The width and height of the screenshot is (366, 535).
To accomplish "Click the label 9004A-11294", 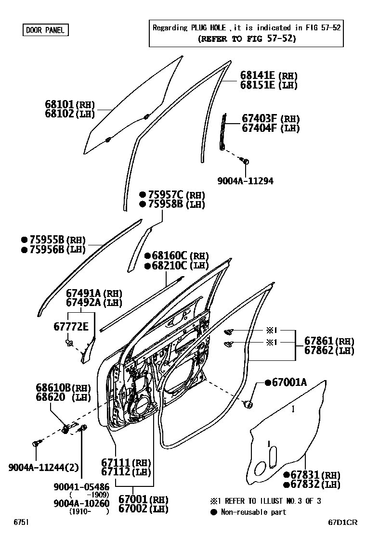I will [245, 181].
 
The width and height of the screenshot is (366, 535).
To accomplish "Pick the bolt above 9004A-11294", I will [246, 162].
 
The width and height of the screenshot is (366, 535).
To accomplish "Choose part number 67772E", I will [71, 327].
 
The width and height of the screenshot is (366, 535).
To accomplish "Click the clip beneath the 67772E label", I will [69, 343].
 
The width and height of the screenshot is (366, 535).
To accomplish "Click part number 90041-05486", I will [82, 487].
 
